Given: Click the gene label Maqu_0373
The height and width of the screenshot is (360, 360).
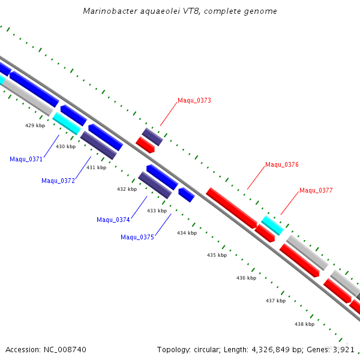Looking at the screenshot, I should pos(194,101).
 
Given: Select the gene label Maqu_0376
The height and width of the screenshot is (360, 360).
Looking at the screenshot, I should pos(282,164).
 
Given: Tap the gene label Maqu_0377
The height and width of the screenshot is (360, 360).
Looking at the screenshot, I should pos(316,190).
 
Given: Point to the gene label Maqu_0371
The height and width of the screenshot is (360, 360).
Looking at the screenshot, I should pos(26,159).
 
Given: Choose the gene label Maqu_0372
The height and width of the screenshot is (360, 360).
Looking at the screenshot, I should pos(58,181).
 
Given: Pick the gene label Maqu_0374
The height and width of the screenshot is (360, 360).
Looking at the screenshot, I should pos(113,220).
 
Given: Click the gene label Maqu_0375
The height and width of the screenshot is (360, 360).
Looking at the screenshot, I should pos(137,237).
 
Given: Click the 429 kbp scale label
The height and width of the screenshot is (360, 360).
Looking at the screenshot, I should pos(35,125).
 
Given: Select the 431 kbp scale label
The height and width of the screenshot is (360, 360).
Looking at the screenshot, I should pos(96,167).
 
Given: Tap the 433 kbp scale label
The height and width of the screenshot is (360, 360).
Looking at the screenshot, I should pos(157,211).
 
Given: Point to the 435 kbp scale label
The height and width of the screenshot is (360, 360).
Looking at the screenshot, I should pos(217,255).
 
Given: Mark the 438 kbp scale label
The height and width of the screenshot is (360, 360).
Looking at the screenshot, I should pos(304,324).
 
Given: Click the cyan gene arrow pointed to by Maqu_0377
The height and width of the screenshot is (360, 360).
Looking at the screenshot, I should pos(272,226).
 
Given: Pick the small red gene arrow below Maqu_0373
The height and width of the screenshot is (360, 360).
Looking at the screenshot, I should pos(145,145).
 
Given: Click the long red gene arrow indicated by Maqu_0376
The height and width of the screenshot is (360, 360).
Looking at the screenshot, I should pos(231,207).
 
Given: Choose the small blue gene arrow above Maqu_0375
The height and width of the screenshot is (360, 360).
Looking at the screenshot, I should pos(186,194).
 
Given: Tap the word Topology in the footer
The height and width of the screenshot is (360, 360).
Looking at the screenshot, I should pos(173,349).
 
